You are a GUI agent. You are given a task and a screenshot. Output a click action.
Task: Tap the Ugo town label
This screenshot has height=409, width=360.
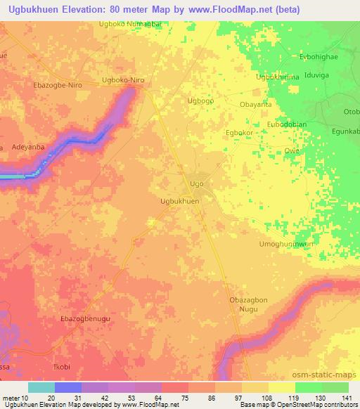197,183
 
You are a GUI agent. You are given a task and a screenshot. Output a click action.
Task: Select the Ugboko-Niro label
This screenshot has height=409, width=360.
123,80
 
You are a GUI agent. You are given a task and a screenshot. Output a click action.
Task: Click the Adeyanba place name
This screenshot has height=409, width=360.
29,148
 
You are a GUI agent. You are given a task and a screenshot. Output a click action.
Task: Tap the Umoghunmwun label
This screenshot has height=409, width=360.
286,243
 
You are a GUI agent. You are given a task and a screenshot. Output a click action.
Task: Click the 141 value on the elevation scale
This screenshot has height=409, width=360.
347,398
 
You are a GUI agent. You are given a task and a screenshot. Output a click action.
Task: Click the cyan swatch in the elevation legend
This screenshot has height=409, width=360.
41,387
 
